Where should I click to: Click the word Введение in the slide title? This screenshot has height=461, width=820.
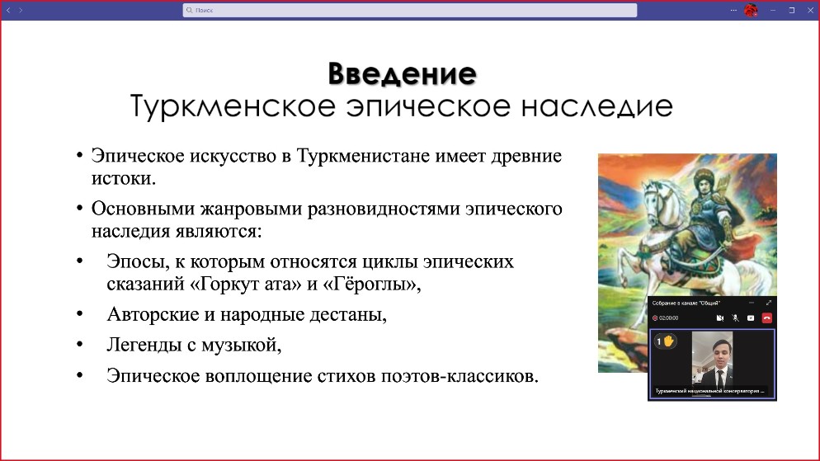(402, 73)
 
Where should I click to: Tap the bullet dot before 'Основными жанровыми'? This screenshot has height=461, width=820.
(80, 209)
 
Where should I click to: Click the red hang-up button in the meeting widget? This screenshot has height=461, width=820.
(766, 318)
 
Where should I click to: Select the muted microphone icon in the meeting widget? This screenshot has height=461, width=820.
(735, 318)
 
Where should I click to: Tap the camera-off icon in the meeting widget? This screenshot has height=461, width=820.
(719, 318)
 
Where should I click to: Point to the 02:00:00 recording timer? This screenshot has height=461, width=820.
(667, 318)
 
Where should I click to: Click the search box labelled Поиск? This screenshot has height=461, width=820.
(410, 10)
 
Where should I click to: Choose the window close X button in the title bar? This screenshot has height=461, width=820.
(809, 10)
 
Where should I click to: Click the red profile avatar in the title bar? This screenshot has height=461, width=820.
(751, 10)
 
